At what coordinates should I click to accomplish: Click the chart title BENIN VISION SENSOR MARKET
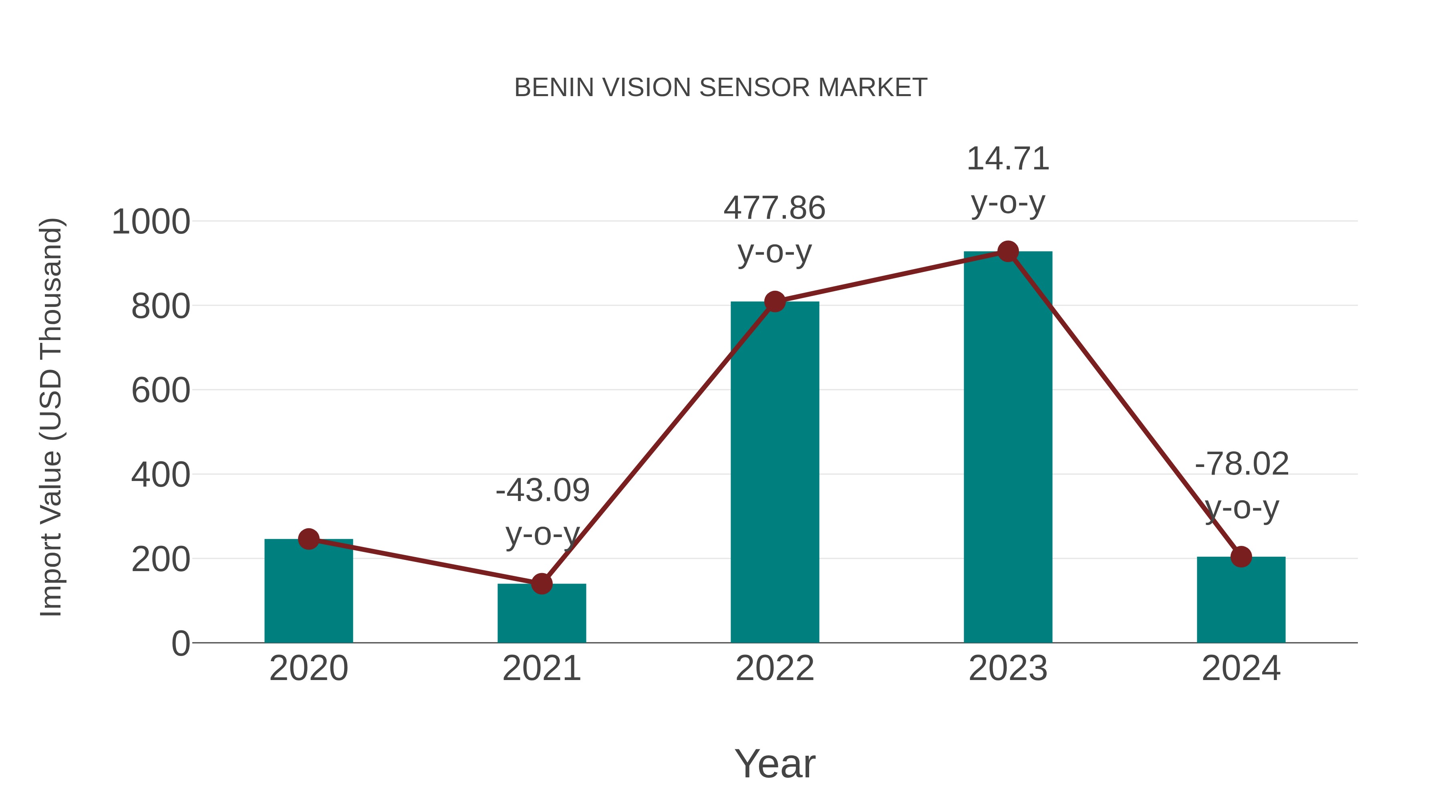[x=721, y=88]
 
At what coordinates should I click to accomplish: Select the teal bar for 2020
[x=308, y=593]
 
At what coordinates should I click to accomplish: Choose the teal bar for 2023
[x=1008, y=448]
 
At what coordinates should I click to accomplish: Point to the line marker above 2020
[x=308, y=539]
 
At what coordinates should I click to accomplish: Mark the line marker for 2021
[x=541, y=584]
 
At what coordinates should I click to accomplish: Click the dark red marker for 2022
[x=775, y=302]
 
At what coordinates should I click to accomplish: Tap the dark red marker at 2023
[x=1008, y=252]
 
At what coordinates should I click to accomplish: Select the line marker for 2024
[x=1241, y=557]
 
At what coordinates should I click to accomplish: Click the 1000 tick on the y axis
[x=151, y=222]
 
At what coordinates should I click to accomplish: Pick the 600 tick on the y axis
[x=161, y=390]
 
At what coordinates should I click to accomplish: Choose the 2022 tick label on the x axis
[x=775, y=668]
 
